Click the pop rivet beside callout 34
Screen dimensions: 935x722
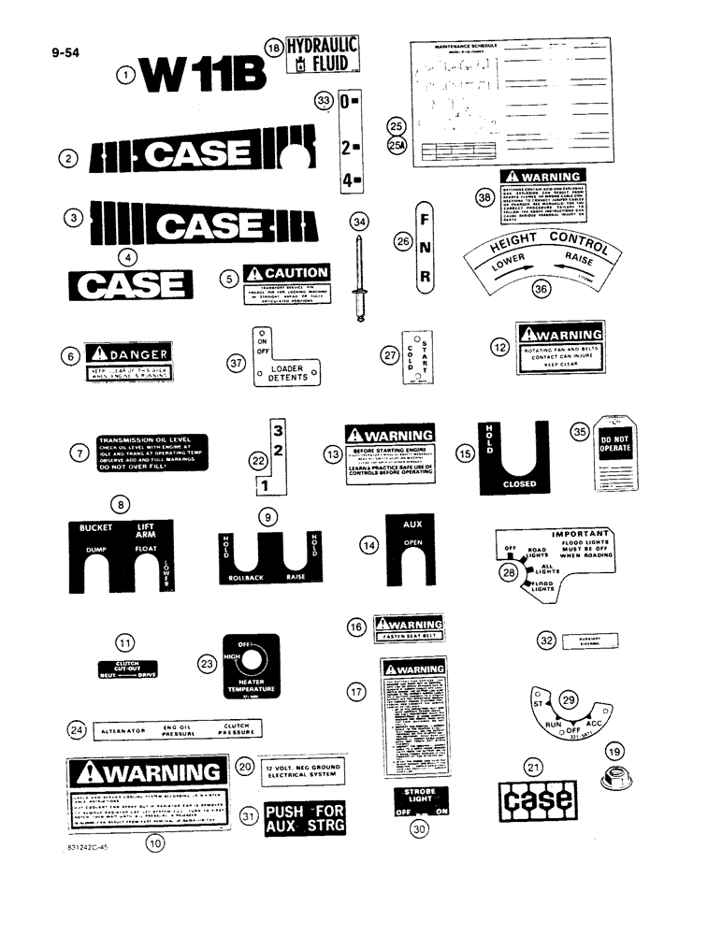tap(360, 276)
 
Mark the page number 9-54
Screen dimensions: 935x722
tap(65, 52)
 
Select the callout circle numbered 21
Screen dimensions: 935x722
tap(532, 768)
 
